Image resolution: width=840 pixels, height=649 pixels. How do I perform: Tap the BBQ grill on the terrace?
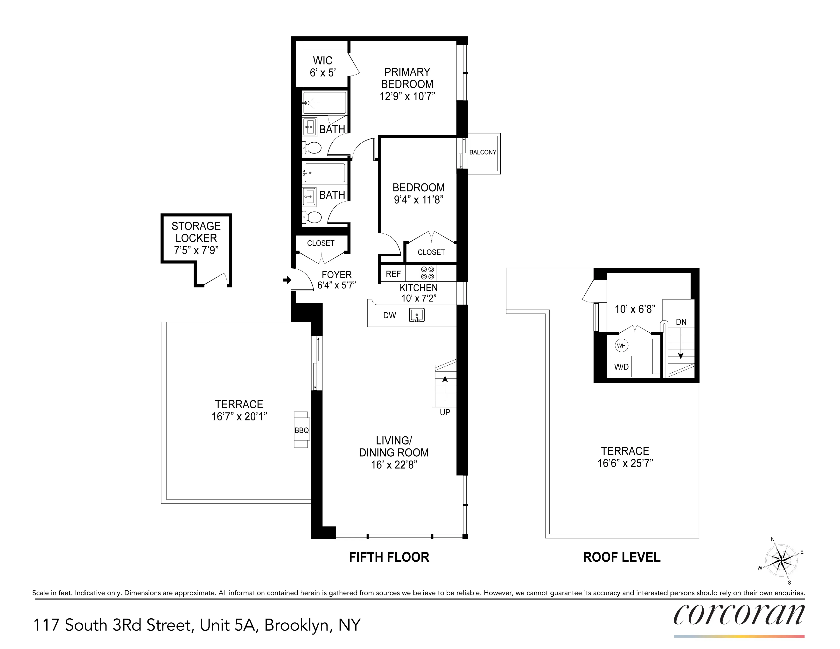(x=301, y=430)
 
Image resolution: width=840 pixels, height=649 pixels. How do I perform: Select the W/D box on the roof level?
(x=621, y=366)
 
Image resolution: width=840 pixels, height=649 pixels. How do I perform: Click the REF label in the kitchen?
(x=393, y=274)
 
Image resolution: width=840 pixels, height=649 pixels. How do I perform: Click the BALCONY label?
(x=483, y=152)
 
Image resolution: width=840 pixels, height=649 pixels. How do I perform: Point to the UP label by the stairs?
(x=445, y=412)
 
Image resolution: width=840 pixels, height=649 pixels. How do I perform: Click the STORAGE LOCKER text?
(x=196, y=232)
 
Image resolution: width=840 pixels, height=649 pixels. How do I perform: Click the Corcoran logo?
(x=738, y=615)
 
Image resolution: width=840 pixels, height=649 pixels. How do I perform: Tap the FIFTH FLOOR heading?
(x=389, y=557)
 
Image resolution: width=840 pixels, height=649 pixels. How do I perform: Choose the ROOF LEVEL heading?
(x=622, y=557)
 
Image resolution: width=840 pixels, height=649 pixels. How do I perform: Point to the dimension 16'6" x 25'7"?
(x=625, y=463)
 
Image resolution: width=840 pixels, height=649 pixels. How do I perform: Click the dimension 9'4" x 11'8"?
(x=419, y=200)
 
